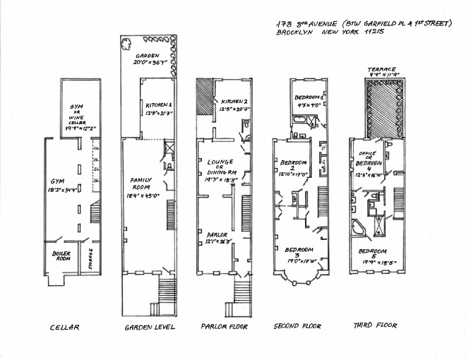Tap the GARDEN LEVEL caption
[149, 328]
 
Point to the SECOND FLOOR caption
[297, 327]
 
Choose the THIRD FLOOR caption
[374, 326]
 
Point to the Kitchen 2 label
[234, 102]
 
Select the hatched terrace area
[383, 106]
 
